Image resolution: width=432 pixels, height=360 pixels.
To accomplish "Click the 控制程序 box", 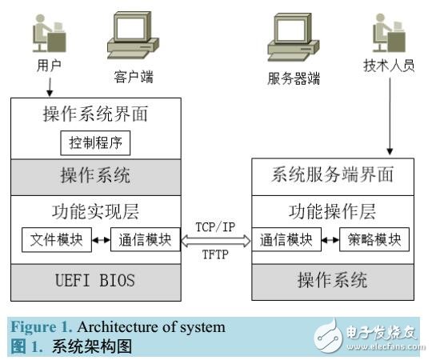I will (x=95, y=144).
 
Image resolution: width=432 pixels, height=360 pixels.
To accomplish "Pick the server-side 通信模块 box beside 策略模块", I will (x=286, y=239).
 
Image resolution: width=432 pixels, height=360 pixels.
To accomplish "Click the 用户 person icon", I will (x=46, y=35).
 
